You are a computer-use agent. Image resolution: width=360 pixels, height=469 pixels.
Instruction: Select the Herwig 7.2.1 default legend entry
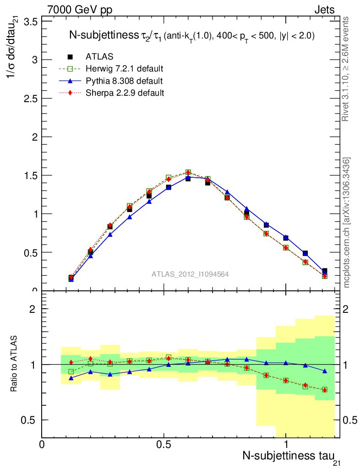click(x=124, y=69)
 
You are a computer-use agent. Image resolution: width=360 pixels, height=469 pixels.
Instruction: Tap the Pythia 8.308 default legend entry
click(x=124, y=81)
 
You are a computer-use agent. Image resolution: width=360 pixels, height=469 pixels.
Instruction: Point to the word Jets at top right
click(x=324, y=10)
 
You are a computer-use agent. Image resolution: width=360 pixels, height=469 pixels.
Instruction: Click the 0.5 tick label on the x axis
click(x=164, y=444)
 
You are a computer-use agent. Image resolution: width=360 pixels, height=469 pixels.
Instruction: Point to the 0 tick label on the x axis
click(x=42, y=444)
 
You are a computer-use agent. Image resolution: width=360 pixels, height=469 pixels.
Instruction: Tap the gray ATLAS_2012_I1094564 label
click(x=190, y=274)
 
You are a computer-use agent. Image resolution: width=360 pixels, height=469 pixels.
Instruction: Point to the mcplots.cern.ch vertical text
click(x=347, y=223)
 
